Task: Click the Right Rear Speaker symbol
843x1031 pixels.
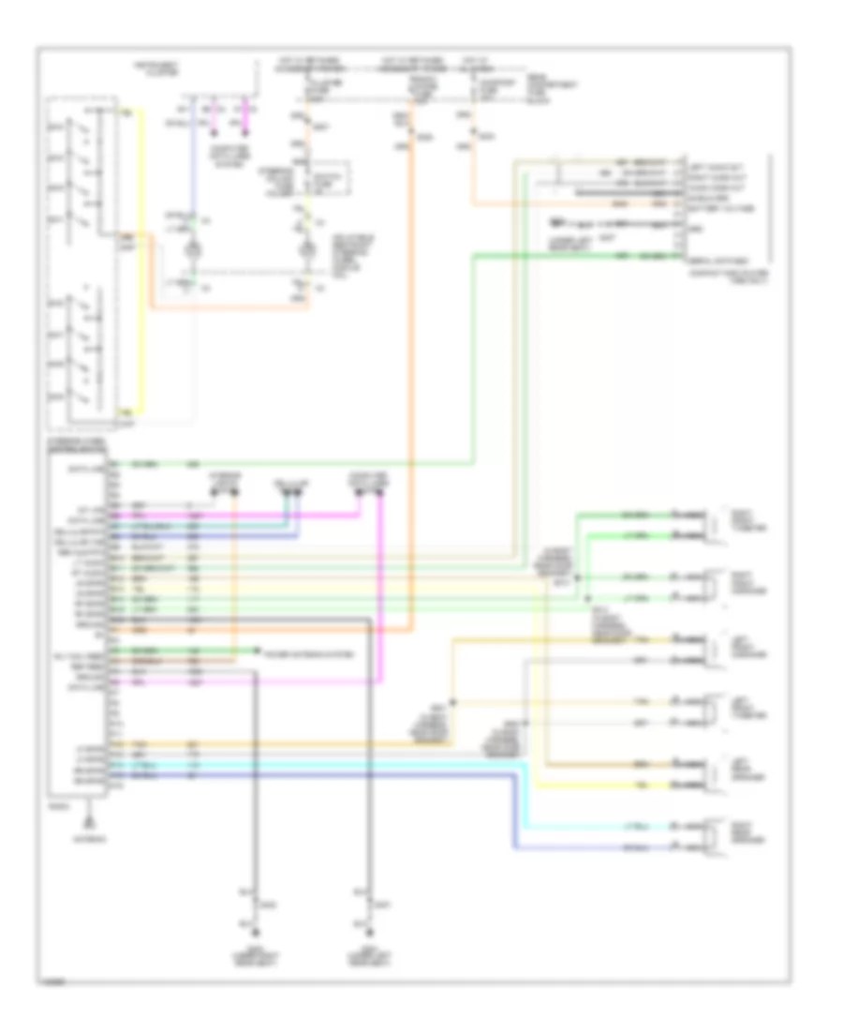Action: [x=713, y=838]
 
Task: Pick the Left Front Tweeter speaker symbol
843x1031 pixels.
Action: [x=713, y=712]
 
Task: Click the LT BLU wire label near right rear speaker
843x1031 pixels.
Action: [x=633, y=828]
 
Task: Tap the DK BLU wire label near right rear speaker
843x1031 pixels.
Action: [x=633, y=849]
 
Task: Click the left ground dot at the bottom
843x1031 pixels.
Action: [x=253, y=934]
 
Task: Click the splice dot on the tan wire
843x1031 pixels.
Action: [x=452, y=701]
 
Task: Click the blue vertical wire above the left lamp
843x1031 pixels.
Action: [x=193, y=169]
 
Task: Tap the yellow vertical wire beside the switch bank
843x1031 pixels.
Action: [x=142, y=262]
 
